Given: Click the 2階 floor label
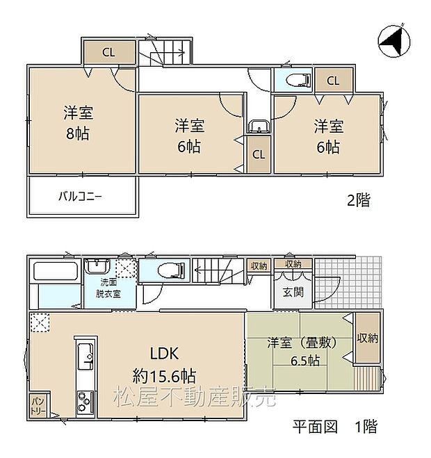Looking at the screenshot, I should pyautogui.click(x=359, y=201).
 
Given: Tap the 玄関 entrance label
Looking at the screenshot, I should pyautogui.click(x=293, y=292).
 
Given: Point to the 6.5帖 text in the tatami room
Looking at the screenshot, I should pyautogui.click(x=304, y=361).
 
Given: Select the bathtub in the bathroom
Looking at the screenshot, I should pyautogui.click(x=56, y=270).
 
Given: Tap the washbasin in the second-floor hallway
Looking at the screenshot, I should pyautogui.click(x=257, y=127).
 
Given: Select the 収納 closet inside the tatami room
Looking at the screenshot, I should pyautogui.click(x=368, y=338).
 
